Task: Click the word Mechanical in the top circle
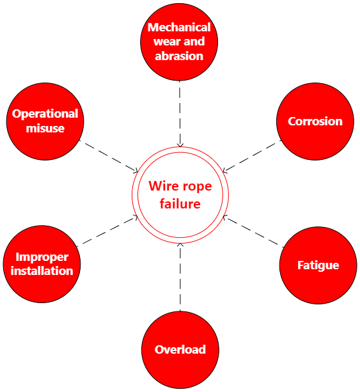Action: point(179,27)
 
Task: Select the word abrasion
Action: point(179,56)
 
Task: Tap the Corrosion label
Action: point(315,122)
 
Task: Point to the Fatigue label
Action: point(318,265)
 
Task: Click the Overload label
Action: point(180,350)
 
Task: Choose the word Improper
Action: point(42,258)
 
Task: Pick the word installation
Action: point(42,271)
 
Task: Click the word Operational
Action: point(45,114)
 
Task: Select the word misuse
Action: point(45,129)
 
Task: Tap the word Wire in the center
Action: point(164,186)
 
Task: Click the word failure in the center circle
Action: point(180,204)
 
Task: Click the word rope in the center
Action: point(197,187)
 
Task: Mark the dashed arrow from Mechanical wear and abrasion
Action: point(180,114)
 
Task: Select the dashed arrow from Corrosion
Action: point(252,156)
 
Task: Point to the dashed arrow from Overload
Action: point(180,277)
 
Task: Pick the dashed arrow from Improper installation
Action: point(107,231)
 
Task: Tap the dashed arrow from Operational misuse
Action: point(109,156)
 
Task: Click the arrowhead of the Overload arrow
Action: point(180,244)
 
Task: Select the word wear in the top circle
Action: point(166,42)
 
